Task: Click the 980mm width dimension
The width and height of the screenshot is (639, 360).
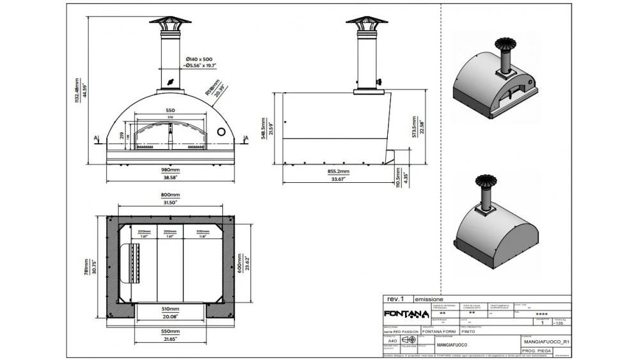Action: (170, 170)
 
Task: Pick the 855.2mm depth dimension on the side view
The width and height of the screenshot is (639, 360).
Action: (339, 171)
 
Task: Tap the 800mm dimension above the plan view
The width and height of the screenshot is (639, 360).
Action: (170, 195)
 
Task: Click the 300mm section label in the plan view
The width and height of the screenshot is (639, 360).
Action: (203, 231)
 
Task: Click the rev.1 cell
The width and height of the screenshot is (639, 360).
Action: (396, 299)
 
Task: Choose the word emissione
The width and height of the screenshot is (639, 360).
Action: (429, 299)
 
